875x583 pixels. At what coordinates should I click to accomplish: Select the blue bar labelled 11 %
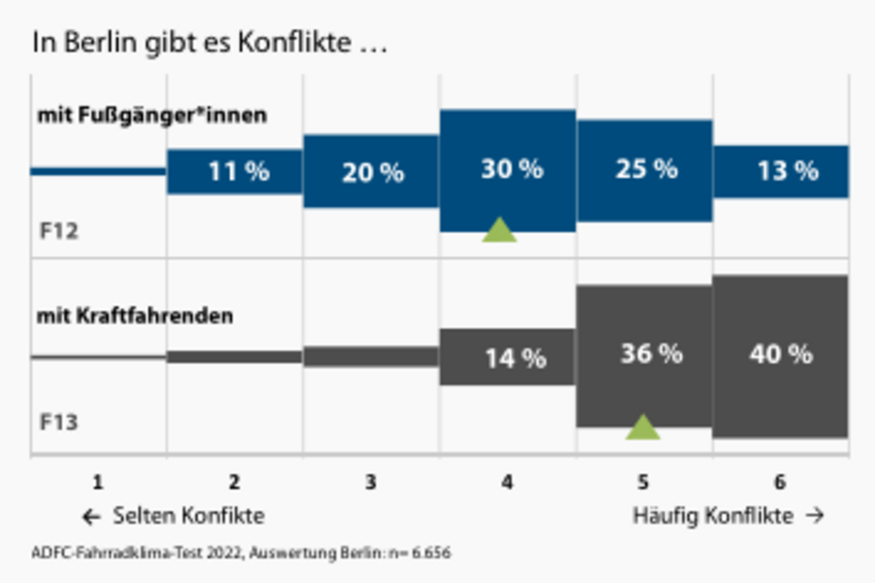click(235, 172)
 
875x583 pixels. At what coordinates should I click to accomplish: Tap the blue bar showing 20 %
click(371, 171)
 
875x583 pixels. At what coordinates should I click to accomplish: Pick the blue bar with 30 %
click(507, 171)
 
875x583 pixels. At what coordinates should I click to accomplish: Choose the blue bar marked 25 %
click(644, 171)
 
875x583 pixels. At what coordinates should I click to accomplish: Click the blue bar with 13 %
click(781, 172)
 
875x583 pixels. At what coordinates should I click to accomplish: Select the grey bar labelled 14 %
click(507, 357)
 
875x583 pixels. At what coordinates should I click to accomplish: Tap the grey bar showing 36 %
click(644, 356)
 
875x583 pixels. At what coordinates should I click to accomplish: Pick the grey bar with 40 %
click(781, 356)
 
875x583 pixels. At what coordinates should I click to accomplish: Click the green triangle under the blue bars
click(500, 231)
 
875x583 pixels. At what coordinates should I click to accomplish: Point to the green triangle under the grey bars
click(643, 428)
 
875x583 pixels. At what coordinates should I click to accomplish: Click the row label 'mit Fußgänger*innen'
click(152, 115)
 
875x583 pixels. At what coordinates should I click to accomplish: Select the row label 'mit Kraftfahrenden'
click(134, 316)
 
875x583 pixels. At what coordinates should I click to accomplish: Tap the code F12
click(60, 231)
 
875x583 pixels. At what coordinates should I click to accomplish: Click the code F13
click(60, 421)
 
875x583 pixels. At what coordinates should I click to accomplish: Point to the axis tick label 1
click(98, 482)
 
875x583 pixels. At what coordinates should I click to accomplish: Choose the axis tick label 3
click(370, 482)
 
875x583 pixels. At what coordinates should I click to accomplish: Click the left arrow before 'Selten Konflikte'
click(92, 517)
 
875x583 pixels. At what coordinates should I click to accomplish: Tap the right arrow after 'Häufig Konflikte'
click(815, 516)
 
